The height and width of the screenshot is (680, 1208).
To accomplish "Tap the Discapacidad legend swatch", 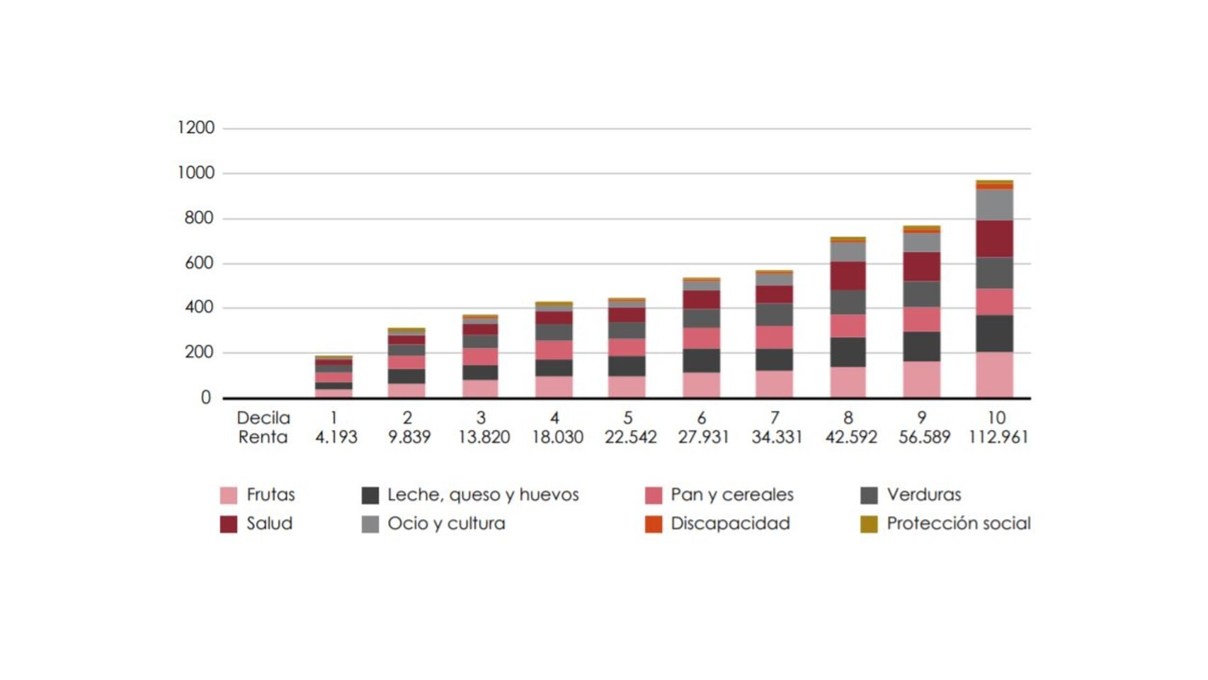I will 653,524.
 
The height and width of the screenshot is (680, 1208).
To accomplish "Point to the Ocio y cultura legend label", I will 446,523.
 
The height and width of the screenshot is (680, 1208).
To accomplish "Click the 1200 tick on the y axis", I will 195,127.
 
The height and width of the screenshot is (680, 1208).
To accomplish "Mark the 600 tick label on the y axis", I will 198,263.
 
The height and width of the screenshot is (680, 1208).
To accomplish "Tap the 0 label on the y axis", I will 205,398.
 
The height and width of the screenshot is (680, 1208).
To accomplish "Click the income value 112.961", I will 998,437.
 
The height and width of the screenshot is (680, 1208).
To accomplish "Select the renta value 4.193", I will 336,437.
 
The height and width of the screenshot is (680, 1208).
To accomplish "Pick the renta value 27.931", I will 702,437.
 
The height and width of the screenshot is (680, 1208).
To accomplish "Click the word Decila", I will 263,417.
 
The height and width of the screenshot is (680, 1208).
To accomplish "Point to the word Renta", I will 263,437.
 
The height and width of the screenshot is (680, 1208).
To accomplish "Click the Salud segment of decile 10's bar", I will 994,239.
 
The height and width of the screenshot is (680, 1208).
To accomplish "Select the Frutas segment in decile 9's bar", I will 921,379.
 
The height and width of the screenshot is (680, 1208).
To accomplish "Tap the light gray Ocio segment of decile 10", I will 994,205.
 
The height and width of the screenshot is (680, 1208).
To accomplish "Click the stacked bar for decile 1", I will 334,378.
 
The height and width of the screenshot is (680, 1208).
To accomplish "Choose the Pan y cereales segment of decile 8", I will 848,326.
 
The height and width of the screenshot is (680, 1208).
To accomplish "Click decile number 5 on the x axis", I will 627,417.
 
